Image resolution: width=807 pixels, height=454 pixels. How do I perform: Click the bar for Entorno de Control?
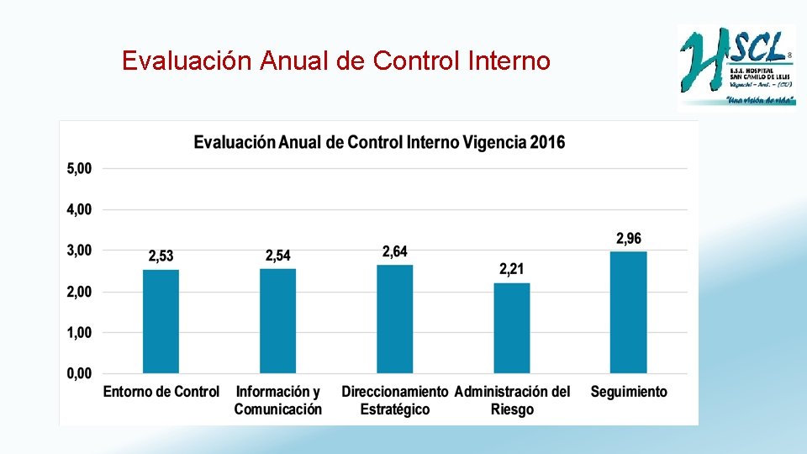(161, 321)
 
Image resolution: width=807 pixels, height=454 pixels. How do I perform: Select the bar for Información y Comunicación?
(277, 321)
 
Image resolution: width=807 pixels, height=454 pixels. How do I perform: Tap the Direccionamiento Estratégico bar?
(394, 319)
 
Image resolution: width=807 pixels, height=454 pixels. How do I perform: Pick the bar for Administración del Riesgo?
(511, 328)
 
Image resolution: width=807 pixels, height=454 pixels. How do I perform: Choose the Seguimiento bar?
(628, 312)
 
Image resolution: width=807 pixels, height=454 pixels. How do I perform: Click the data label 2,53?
(161, 256)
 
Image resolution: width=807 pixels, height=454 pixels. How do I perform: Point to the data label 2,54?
(278, 256)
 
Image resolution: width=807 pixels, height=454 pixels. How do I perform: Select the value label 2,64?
(395, 251)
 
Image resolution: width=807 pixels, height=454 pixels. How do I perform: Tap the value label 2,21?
(511, 269)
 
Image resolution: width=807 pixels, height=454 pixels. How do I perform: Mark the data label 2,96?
(628, 239)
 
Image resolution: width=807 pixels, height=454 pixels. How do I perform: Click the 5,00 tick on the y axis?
(79, 168)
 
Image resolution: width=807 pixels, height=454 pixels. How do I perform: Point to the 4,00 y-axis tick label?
(79, 209)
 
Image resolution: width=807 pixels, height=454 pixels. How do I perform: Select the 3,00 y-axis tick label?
(79, 251)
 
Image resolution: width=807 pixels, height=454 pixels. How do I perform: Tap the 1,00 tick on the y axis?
(79, 333)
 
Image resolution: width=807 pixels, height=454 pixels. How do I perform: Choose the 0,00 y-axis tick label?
(79, 374)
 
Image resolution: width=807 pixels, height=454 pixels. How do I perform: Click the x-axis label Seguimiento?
(629, 392)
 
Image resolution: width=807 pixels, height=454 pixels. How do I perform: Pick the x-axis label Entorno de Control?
(161, 392)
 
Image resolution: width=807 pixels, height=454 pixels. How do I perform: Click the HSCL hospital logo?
(736, 66)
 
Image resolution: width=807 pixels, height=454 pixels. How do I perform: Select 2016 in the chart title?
(548, 142)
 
